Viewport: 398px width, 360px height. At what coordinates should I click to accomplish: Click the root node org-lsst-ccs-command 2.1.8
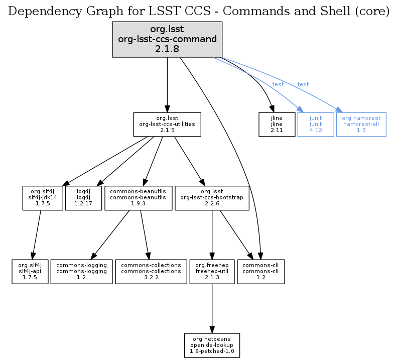(167, 39)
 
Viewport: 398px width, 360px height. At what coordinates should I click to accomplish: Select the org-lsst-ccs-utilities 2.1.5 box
(167, 124)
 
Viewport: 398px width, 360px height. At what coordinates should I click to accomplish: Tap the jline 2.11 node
(273, 124)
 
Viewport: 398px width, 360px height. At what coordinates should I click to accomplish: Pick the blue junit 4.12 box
(316, 124)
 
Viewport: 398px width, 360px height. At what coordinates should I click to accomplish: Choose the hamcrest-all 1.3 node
(361, 124)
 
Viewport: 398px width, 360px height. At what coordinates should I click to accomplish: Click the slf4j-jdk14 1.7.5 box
(43, 198)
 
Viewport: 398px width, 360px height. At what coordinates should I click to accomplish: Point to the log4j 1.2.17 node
(83, 198)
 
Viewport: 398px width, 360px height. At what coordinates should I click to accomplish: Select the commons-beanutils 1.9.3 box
(138, 198)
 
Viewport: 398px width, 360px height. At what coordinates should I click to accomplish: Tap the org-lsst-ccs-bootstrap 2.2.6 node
(212, 198)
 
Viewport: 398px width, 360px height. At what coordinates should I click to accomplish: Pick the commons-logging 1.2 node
(81, 272)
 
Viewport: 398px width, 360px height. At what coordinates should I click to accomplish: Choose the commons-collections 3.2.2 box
(151, 272)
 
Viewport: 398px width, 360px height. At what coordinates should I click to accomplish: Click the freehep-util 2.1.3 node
(212, 272)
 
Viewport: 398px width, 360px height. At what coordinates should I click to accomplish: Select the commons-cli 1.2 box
(261, 272)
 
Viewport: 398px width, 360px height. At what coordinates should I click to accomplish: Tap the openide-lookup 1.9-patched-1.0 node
(212, 345)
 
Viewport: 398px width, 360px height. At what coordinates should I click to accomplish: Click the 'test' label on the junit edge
(278, 84)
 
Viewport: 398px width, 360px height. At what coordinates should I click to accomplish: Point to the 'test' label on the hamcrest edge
(303, 84)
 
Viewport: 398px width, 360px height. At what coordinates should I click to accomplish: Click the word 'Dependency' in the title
(41, 12)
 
